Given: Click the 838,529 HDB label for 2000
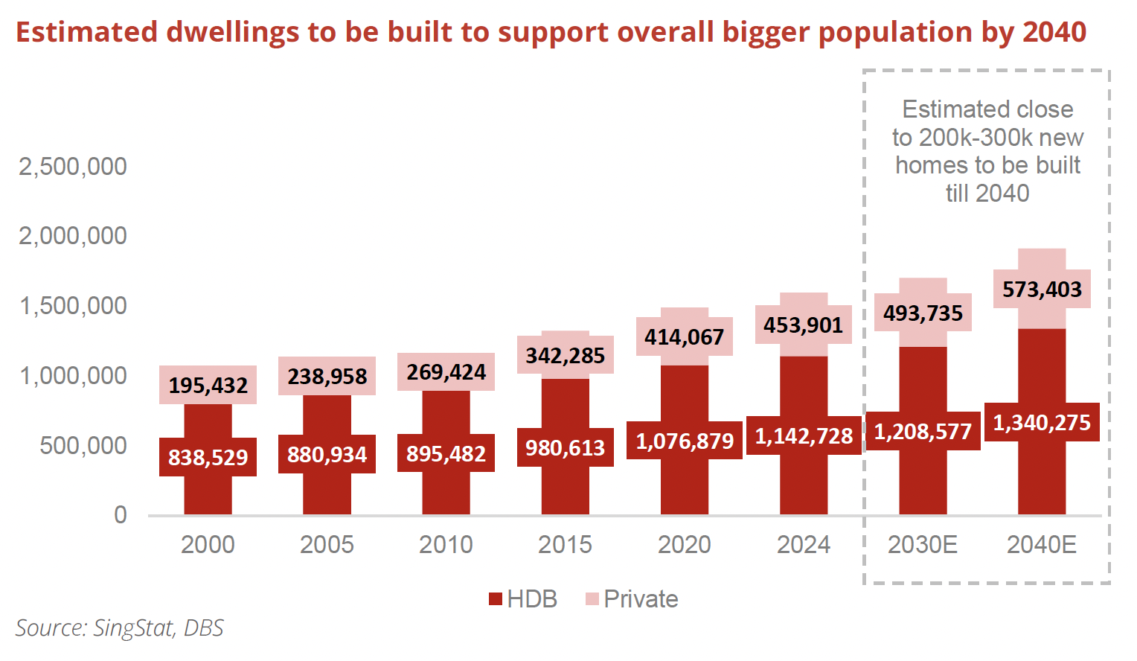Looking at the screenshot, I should (x=208, y=457).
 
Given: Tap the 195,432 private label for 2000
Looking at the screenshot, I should (x=208, y=385).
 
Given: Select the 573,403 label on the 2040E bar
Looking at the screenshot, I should (x=1042, y=289).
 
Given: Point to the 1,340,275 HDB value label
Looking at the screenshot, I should (x=1042, y=423).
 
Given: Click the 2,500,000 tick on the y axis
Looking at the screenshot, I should (x=73, y=167).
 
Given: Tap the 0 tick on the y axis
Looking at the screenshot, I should (x=120, y=515).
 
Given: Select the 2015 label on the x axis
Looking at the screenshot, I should (x=565, y=545).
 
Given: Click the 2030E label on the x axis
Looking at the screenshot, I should (x=922, y=545).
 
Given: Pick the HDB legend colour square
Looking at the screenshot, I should (x=496, y=599).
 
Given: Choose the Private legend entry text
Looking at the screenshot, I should (x=641, y=599).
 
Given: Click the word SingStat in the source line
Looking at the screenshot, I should (x=134, y=628).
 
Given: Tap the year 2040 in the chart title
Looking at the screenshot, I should (x=1054, y=32).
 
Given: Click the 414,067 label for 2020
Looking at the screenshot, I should (x=684, y=337).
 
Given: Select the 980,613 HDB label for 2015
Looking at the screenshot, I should (x=565, y=447).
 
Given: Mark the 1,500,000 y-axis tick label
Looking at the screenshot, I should (x=73, y=306).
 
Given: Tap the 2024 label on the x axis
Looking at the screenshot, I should (x=803, y=545).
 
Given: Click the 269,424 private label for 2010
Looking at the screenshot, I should (x=446, y=372).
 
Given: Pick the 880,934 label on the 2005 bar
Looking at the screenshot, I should (x=327, y=454).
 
